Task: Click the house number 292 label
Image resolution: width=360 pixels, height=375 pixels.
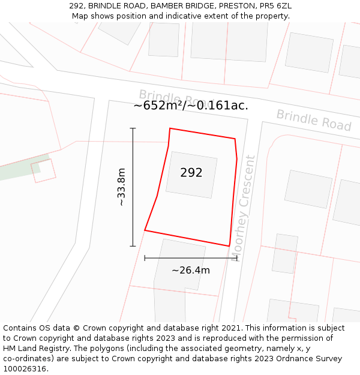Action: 191,173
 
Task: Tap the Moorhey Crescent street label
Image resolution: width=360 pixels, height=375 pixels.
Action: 243,208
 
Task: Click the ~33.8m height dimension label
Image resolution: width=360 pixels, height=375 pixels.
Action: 121,187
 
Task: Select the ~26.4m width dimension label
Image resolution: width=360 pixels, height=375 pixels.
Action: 191,270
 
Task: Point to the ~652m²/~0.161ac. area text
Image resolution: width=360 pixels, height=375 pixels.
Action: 191,106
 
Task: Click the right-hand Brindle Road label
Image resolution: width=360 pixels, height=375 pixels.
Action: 313,120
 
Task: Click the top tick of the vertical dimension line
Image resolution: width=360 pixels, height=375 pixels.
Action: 133,128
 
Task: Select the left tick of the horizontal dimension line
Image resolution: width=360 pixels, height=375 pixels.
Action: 145,258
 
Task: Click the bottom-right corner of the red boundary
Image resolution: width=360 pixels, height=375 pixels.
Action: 229,245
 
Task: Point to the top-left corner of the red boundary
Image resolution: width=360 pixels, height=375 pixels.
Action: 170,128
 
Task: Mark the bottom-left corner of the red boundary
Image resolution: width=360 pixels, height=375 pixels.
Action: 145,230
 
